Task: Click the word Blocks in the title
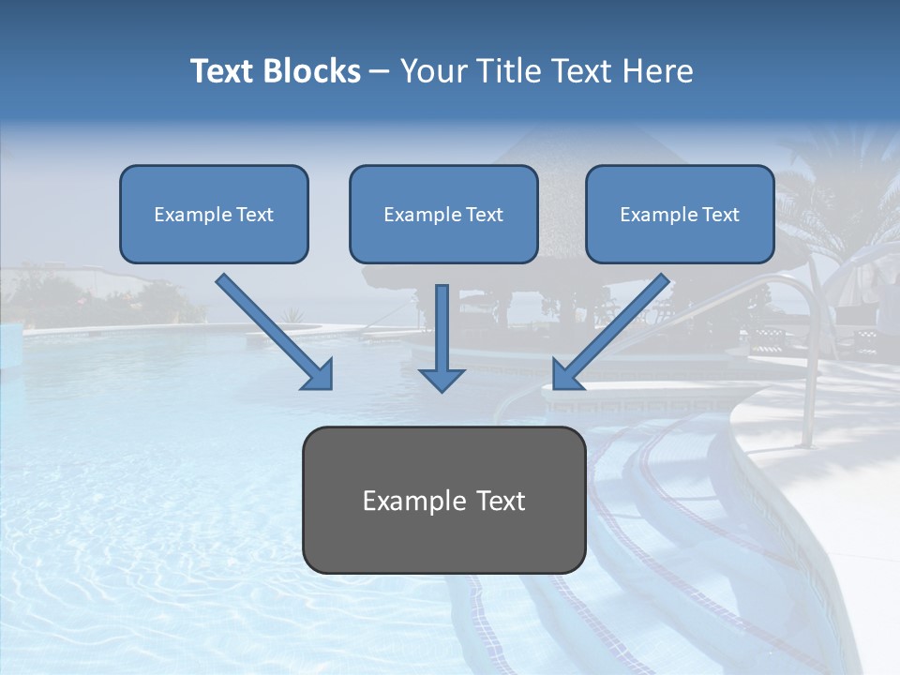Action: (x=311, y=71)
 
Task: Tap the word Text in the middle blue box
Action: (x=485, y=215)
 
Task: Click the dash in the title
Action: (x=380, y=72)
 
